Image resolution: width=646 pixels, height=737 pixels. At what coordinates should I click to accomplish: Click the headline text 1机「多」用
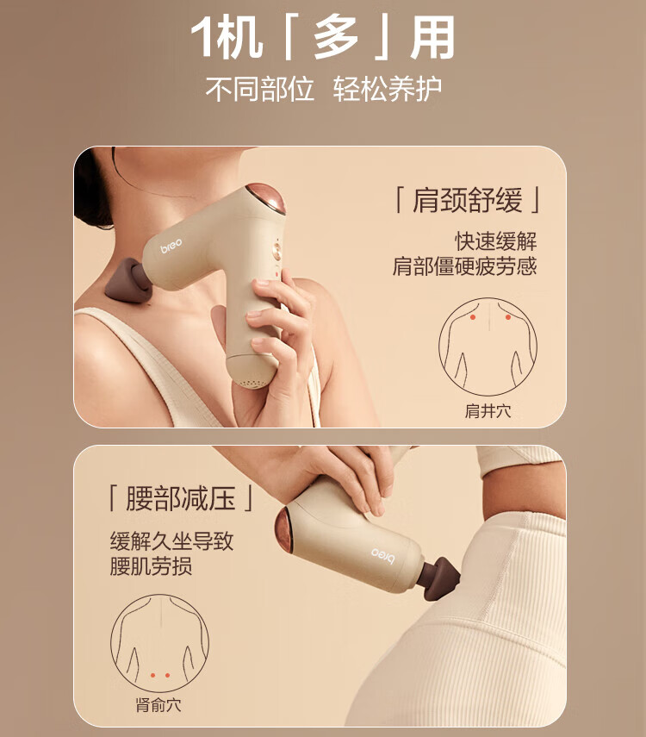(323, 37)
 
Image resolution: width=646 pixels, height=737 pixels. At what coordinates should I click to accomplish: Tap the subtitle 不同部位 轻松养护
(323, 89)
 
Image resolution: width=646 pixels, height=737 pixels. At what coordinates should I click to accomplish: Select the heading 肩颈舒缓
(467, 200)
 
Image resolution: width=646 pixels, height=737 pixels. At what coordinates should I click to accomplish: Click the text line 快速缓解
(495, 241)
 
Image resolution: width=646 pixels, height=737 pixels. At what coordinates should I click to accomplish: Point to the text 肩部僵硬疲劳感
(464, 266)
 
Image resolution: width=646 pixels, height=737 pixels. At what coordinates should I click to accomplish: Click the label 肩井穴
(488, 411)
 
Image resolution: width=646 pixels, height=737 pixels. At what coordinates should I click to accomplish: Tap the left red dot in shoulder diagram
(473, 317)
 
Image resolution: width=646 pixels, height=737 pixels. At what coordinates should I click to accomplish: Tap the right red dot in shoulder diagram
(508, 317)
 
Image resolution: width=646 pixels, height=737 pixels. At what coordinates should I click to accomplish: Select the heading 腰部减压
(180, 499)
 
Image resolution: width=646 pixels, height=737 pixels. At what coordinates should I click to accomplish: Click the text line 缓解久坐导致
(171, 541)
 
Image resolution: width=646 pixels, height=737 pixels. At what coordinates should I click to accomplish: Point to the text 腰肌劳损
(151, 566)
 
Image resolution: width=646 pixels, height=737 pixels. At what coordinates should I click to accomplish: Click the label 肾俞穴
(158, 705)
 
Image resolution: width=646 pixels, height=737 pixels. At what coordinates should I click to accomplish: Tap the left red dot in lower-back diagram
(152, 676)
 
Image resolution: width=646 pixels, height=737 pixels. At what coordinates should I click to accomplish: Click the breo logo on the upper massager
(171, 246)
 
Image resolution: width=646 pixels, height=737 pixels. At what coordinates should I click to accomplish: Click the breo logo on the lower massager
(383, 555)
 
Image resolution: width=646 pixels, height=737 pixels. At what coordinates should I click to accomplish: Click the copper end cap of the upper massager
(266, 198)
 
